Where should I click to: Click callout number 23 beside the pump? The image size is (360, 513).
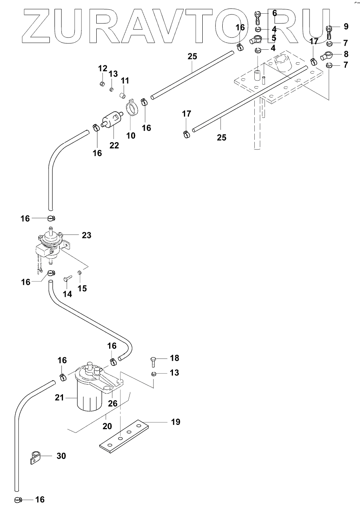86,235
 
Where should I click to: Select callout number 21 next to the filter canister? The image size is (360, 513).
59,398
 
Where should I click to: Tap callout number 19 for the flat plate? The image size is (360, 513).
175,422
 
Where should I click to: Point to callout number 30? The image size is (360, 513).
61,456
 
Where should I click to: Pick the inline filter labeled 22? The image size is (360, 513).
112,119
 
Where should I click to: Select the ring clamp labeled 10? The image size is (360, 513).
132,108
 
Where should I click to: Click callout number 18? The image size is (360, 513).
175,358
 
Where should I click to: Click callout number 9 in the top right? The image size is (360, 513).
346,27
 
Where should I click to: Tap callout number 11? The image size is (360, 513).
125,81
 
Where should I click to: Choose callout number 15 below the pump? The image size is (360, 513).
82,288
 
